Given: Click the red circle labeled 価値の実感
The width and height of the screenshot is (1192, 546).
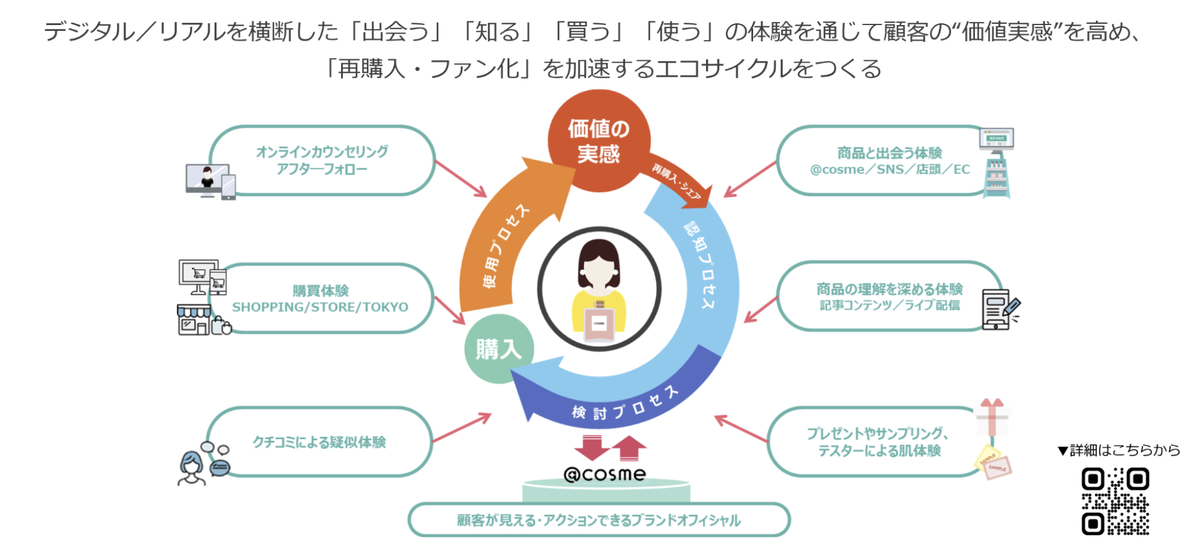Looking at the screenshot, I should [x=599, y=141].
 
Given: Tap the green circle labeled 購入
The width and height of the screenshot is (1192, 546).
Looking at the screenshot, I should [x=499, y=349].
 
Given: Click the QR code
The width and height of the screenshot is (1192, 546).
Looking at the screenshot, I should [x=1115, y=501].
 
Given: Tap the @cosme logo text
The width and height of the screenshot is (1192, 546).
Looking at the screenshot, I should [x=605, y=474].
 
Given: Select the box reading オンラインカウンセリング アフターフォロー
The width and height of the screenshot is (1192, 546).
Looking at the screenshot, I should [x=322, y=161].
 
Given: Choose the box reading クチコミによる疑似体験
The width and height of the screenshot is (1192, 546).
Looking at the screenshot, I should [x=319, y=442].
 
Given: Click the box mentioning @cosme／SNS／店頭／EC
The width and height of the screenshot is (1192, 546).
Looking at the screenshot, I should [x=888, y=161].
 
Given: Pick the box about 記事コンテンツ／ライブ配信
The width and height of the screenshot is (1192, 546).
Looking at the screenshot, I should [x=888, y=297].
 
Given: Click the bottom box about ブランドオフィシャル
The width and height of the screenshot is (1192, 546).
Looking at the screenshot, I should [x=599, y=520].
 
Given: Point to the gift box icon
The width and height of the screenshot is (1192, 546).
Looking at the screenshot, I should [x=992, y=418].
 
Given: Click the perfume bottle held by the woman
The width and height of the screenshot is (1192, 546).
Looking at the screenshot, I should [x=599, y=322].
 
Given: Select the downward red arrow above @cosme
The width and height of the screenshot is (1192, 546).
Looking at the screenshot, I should [x=591, y=448].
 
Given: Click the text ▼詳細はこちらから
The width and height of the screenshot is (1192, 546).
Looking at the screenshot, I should [x=1119, y=451].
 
